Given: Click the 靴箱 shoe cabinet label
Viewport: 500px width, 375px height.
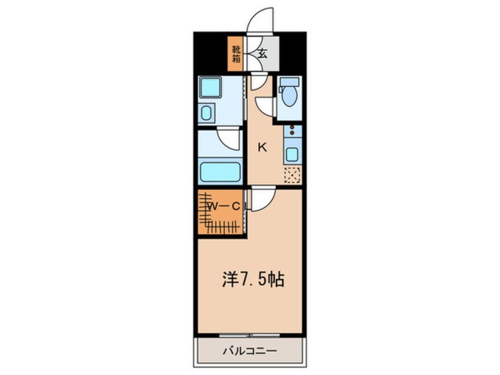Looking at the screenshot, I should (x=236, y=54).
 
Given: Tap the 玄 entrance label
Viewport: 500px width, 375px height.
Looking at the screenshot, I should (x=262, y=53).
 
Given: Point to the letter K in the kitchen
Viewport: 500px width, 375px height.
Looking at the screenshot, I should (x=262, y=148).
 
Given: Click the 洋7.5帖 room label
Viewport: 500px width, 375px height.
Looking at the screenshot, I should (x=254, y=279).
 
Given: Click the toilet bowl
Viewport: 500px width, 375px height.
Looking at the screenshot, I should (x=289, y=96).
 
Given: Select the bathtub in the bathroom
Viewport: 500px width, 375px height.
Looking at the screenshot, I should (x=220, y=172).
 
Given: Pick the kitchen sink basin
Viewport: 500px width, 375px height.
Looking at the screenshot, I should (x=292, y=155).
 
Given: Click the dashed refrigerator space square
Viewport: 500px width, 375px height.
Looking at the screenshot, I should (x=292, y=175).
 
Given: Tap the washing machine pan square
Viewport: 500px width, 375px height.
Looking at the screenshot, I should (x=210, y=89).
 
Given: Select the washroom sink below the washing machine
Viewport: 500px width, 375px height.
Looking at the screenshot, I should (x=207, y=112).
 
